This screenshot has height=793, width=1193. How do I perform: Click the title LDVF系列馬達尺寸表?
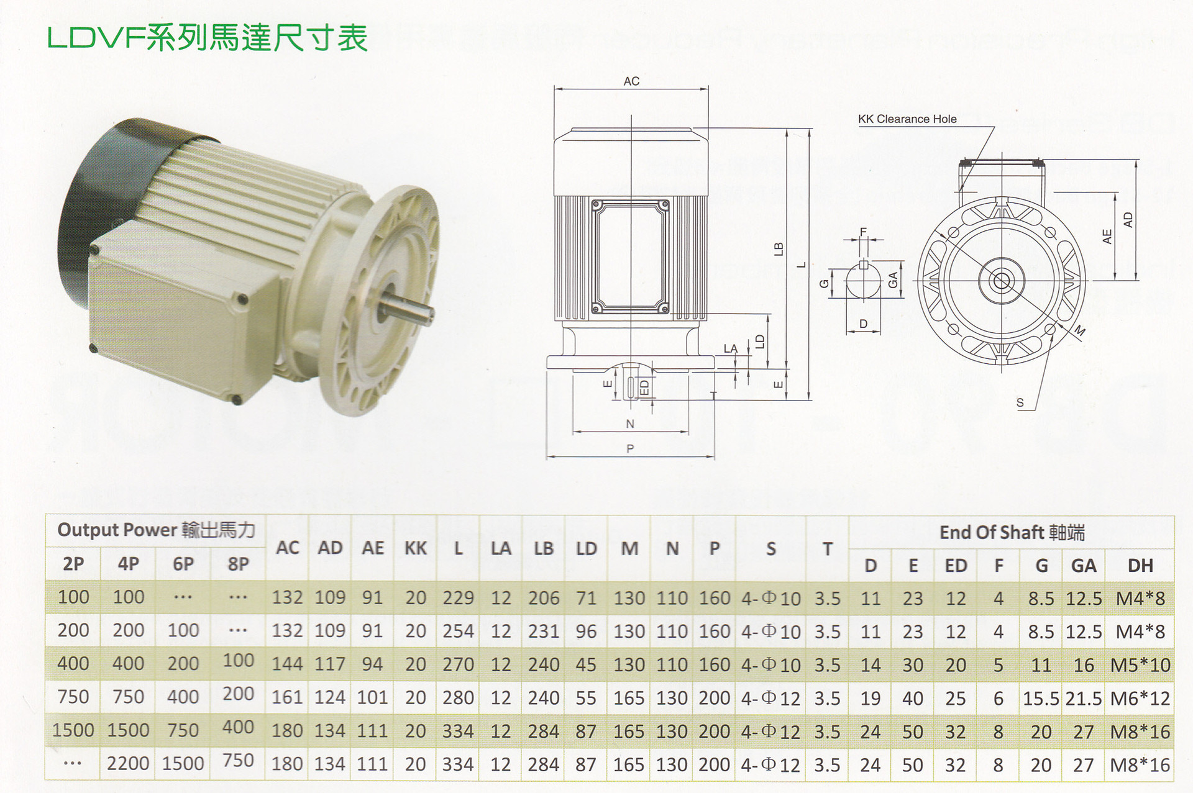pos(208,38)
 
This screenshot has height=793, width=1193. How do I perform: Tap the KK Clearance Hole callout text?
pos(907,119)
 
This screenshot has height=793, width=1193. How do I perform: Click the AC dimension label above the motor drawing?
pos(631,81)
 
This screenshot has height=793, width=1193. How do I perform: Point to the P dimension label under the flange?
pos(630,448)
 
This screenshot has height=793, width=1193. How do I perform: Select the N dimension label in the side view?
pos(630,424)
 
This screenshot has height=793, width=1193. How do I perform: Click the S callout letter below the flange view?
pos(1020,403)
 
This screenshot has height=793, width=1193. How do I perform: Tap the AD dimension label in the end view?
pos(1128,220)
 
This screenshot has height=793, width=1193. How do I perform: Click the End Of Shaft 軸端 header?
pos(1012,532)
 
